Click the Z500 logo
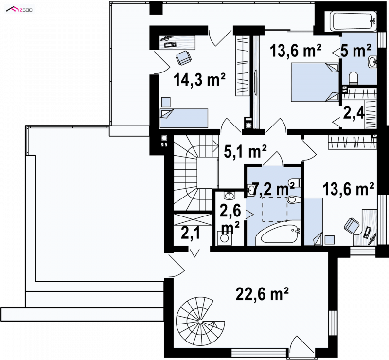click(x=19, y=10)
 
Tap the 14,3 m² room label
click(x=200, y=80)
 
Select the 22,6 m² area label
click(x=263, y=294)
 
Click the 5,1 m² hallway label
click(x=245, y=151)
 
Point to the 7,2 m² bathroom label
click(x=273, y=189)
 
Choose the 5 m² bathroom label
click(x=356, y=51)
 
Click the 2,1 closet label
click(x=190, y=234)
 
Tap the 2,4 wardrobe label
click(x=354, y=113)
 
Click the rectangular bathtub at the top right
click(x=355, y=21)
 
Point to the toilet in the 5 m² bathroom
click(x=353, y=78)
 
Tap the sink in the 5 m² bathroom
click(x=372, y=62)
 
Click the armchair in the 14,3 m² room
click(x=184, y=58)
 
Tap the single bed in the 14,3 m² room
click(x=184, y=118)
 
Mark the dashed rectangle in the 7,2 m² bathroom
click(x=275, y=209)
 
